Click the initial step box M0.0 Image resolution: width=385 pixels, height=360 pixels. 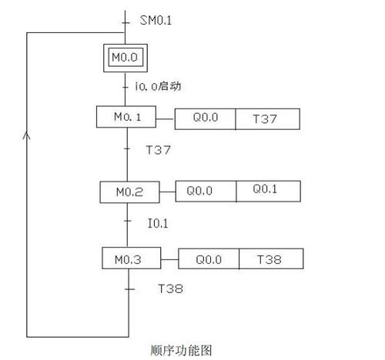pos(126,58)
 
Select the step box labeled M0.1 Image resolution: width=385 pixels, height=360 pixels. pos(126,117)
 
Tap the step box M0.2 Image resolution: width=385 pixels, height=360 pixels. pos(129,192)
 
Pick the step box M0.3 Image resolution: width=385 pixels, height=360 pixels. pos(132,258)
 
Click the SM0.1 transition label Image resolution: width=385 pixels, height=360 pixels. pos(156,20)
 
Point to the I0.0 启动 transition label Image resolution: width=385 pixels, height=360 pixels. pos(158,86)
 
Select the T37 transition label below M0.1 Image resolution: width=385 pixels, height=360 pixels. pos(158,150)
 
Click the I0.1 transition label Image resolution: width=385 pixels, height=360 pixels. pos(158,223)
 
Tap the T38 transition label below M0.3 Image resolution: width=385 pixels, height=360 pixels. pos(170,288)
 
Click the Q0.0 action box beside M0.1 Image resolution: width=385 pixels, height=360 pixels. pos(205,119)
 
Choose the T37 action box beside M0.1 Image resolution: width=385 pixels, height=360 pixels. pos(268,119)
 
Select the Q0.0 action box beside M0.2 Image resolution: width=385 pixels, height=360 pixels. pos(206,192)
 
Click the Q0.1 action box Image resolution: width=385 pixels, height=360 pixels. pos(269,192)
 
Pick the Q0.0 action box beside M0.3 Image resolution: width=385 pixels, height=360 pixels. pos(209,258)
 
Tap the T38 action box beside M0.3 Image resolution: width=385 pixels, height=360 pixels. pos(271,258)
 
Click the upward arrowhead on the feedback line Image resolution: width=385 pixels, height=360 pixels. pos(27,135)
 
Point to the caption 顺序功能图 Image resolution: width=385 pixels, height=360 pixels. pos(181,350)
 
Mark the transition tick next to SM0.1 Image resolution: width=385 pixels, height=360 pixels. pos(126,23)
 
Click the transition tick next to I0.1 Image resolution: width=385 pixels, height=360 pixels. pos(128,221)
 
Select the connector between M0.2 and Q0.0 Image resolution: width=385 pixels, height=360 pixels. pos(168,192)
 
